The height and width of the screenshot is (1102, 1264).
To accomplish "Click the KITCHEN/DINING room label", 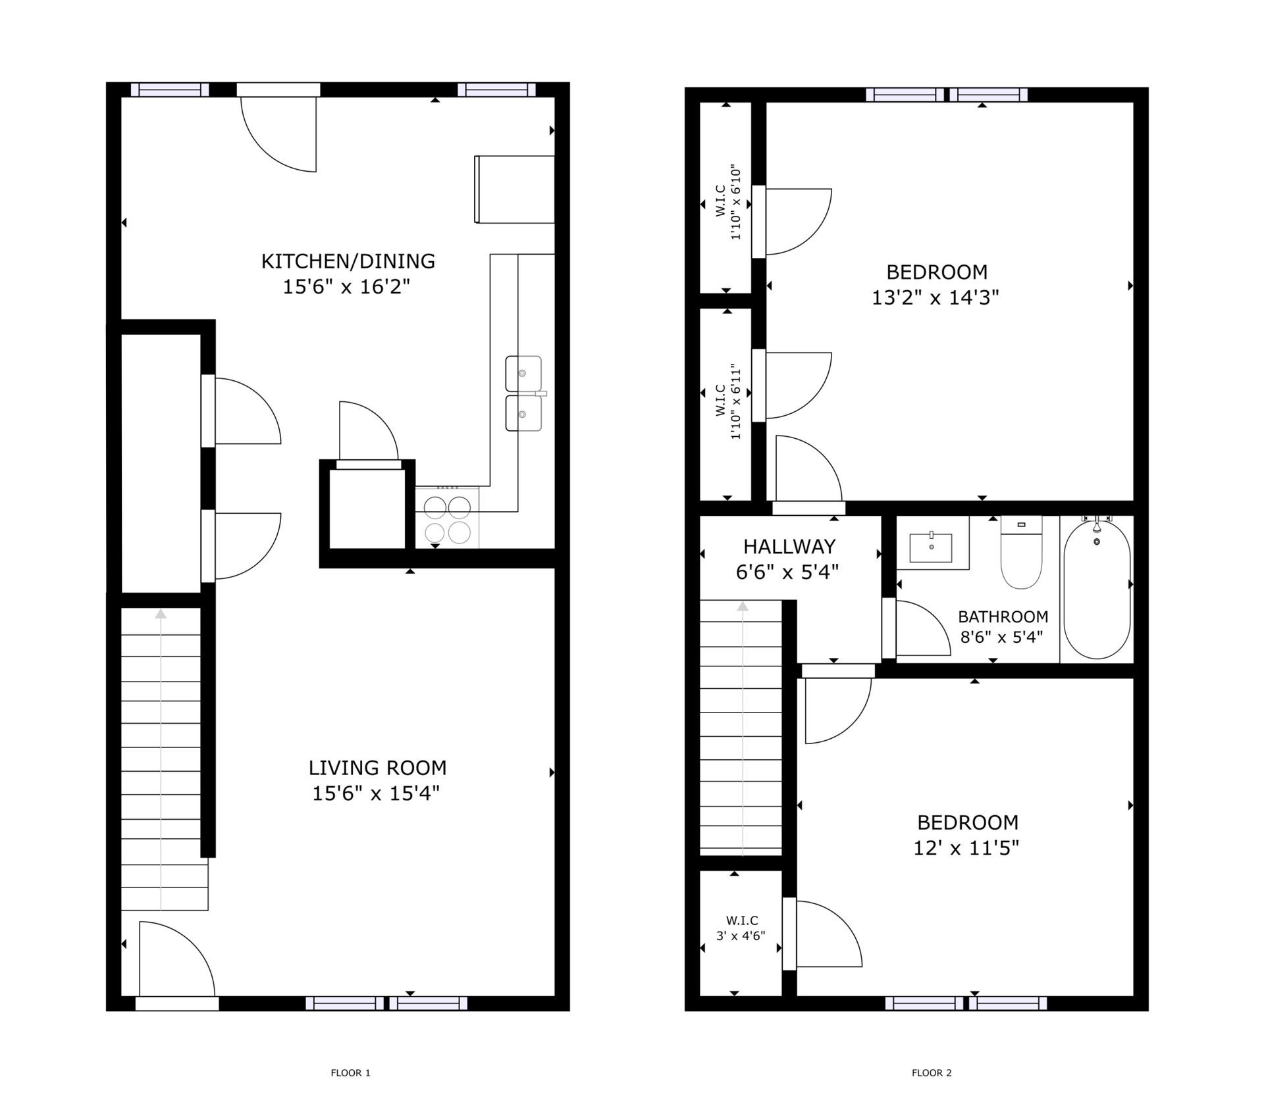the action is [348, 261].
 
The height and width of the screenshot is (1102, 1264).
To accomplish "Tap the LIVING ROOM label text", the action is [377, 768].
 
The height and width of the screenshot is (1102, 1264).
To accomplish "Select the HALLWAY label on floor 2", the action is [789, 547].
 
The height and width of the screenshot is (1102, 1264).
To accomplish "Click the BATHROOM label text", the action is [1003, 616].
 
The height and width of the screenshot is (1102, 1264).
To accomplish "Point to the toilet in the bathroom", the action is [1021, 552].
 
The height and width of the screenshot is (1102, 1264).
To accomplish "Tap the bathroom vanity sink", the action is [931, 548].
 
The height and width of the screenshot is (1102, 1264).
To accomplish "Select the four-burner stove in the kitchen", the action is [447, 517].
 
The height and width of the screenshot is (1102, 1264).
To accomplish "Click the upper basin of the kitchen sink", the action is [523, 374].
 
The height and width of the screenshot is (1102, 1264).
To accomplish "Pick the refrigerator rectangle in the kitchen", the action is [514, 189].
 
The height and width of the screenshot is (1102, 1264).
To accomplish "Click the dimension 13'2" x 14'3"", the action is [935, 298].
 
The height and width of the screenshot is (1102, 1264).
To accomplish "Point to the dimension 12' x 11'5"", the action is [966, 848].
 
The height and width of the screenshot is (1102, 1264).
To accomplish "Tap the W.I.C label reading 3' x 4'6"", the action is [741, 928].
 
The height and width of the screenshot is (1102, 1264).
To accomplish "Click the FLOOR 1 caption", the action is [350, 1073].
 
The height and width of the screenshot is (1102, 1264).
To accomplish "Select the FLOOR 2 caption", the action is [932, 1073].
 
